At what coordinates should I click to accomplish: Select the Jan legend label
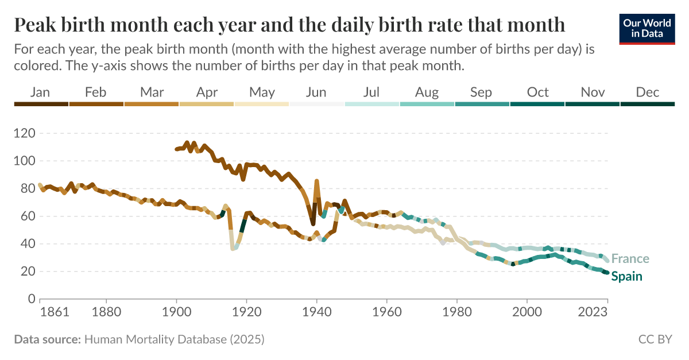(x=40, y=92)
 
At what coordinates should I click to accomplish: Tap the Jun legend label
(x=316, y=92)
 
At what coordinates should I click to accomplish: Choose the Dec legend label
(x=648, y=92)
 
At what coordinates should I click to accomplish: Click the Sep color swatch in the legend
(x=482, y=104)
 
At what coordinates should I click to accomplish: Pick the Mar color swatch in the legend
(x=151, y=104)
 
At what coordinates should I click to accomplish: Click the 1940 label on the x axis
(x=316, y=312)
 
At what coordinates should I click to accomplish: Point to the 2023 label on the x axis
(x=594, y=312)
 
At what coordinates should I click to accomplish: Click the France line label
(x=630, y=259)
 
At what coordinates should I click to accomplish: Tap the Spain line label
(x=626, y=277)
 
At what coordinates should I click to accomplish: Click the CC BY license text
(x=655, y=339)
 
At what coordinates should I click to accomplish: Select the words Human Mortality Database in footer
(x=155, y=339)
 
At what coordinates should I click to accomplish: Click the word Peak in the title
(x=36, y=25)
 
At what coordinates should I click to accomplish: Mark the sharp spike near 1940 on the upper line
(x=316, y=181)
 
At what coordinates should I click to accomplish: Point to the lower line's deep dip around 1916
(x=233, y=249)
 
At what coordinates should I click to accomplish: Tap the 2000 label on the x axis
(x=527, y=312)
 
